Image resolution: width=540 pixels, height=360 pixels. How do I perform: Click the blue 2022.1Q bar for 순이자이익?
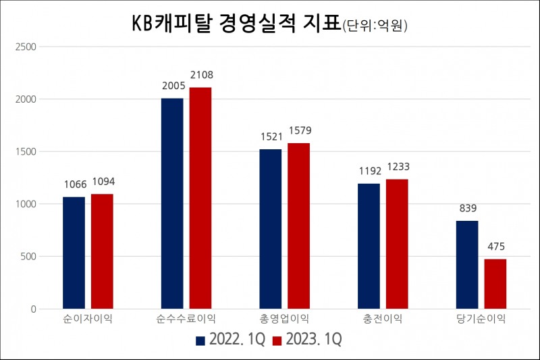click(x=74, y=253)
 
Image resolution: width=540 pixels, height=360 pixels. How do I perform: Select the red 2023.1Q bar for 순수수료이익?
click(x=200, y=198)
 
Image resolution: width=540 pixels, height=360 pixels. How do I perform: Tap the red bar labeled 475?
click(x=495, y=284)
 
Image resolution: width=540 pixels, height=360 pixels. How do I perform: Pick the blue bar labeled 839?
click(x=467, y=265)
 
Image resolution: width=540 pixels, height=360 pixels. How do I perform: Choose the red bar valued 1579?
click(x=299, y=226)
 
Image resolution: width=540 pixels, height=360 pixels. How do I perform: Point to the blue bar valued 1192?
click(x=369, y=246)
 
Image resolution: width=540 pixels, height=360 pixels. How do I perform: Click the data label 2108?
click(x=201, y=75)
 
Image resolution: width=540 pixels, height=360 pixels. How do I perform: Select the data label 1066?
click(x=74, y=184)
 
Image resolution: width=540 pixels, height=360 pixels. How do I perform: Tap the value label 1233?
click(x=397, y=167)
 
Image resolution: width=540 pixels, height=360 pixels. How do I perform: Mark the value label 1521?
click(x=271, y=136)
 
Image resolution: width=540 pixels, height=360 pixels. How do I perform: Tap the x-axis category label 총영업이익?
click(x=285, y=318)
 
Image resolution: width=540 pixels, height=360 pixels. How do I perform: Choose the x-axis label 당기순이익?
click(x=481, y=318)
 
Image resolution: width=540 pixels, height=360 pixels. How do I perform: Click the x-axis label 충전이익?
click(x=383, y=318)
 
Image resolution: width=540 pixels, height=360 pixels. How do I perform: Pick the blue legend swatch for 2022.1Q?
click(x=200, y=339)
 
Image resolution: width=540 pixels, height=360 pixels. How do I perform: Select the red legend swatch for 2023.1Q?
click(x=276, y=339)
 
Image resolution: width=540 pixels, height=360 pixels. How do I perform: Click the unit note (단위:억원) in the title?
click(x=375, y=26)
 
